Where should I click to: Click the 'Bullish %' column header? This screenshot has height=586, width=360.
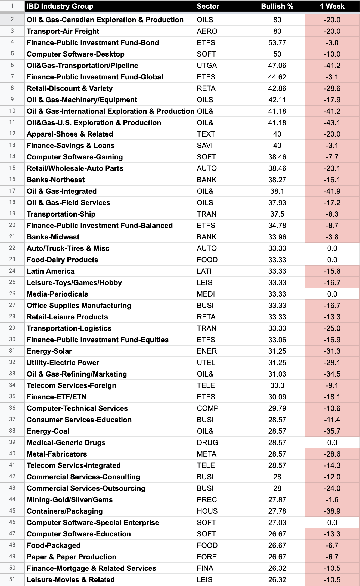click(277, 6)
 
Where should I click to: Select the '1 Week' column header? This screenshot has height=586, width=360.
click(332, 6)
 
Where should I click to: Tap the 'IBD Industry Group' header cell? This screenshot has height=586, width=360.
click(60, 6)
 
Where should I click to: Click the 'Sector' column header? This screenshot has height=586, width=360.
click(208, 6)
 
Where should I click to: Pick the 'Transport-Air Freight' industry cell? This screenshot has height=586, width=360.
click(63, 31)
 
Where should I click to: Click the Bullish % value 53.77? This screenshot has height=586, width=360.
click(277, 43)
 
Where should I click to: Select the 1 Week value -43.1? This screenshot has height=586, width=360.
click(332, 123)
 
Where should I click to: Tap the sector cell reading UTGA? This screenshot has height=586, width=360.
click(207, 66)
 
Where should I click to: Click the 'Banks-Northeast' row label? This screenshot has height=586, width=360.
click(55, 180)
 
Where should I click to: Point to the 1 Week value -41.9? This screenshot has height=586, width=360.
click(332, 191)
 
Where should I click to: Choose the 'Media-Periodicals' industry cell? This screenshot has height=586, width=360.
click(57, 294)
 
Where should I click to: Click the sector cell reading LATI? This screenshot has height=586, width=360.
click(204, 271)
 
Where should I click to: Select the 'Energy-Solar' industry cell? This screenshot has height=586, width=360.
click(49, 351)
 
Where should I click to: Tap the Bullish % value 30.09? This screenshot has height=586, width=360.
click(277, 397)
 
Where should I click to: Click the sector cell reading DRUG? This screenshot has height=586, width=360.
click(207, 443)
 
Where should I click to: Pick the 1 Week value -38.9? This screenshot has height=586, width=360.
click(332, 511)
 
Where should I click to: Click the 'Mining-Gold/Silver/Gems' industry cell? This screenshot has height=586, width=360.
click(70, 500)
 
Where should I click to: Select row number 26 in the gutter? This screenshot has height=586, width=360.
click(12, 294)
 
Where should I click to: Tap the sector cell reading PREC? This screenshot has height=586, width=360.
click(207, 500)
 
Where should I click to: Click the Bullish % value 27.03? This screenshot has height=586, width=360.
click(277, 523)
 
